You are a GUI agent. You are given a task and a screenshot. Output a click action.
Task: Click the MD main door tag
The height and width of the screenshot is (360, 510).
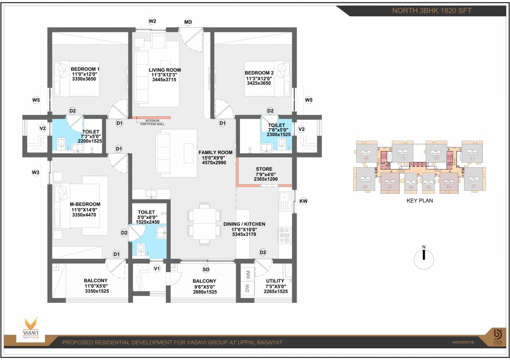point(188,22)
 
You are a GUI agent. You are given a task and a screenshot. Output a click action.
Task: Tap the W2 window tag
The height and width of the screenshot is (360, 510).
point(152,22)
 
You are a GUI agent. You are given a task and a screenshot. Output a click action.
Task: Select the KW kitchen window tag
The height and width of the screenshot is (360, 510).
point(303,201)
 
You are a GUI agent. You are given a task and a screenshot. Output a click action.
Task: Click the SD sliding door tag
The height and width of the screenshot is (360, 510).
point(205,269)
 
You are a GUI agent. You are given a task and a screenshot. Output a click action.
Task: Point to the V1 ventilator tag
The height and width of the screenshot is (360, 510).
point(157,269)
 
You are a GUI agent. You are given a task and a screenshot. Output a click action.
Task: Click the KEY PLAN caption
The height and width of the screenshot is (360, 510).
point(420,200)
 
